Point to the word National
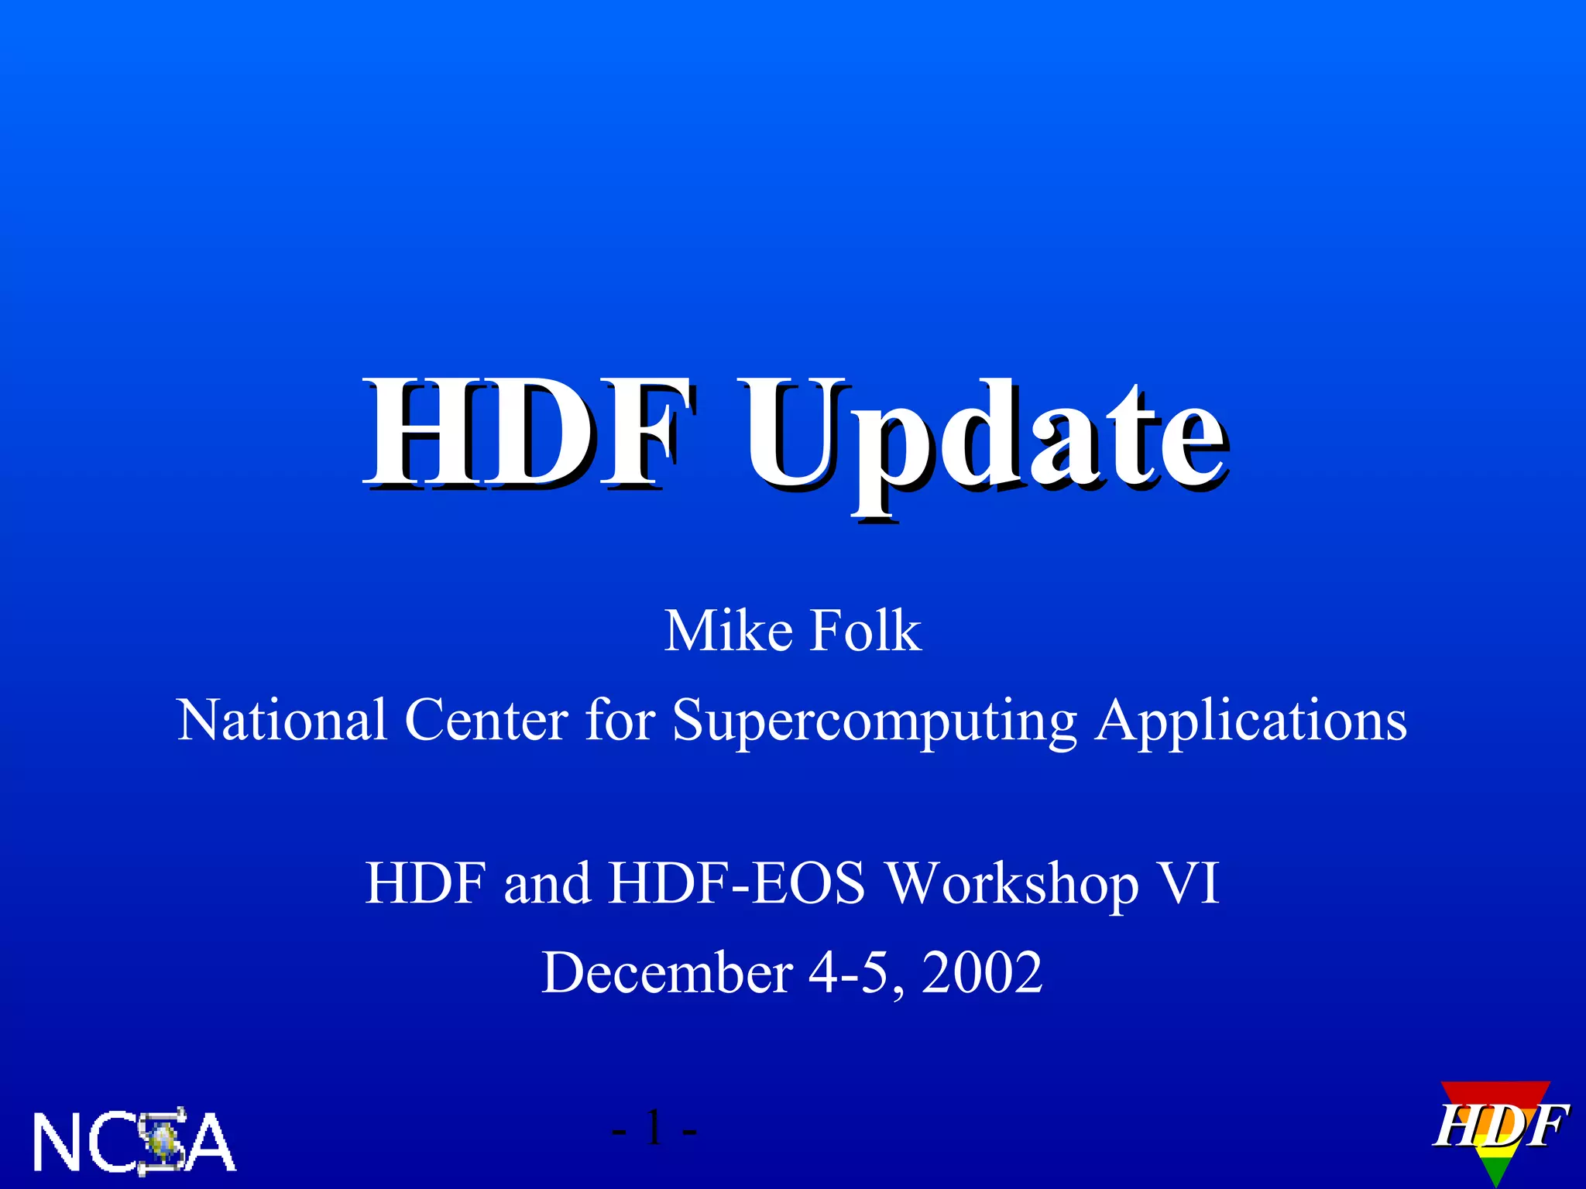[282, 720]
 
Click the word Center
[486, 720]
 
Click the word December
[667, 972]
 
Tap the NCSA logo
[133, 1141]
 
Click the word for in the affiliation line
[620, 720]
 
